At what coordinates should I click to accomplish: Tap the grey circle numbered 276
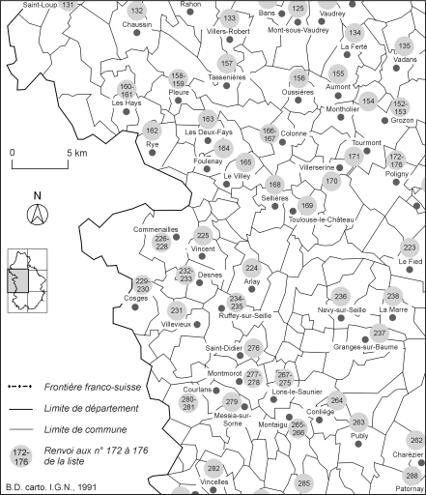tap(254, 348)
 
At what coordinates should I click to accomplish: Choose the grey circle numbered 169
tap(307, 205)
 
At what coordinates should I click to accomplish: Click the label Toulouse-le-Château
tap(310, 218)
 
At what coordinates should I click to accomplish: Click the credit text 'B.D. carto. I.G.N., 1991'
tap(49, 485)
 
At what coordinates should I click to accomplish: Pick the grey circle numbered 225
tap(203, 236)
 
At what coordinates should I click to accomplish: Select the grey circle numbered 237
tap(379, 333)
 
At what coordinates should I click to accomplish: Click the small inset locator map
tap(28, 281)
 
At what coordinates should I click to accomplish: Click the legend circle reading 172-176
tap(20, 455)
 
